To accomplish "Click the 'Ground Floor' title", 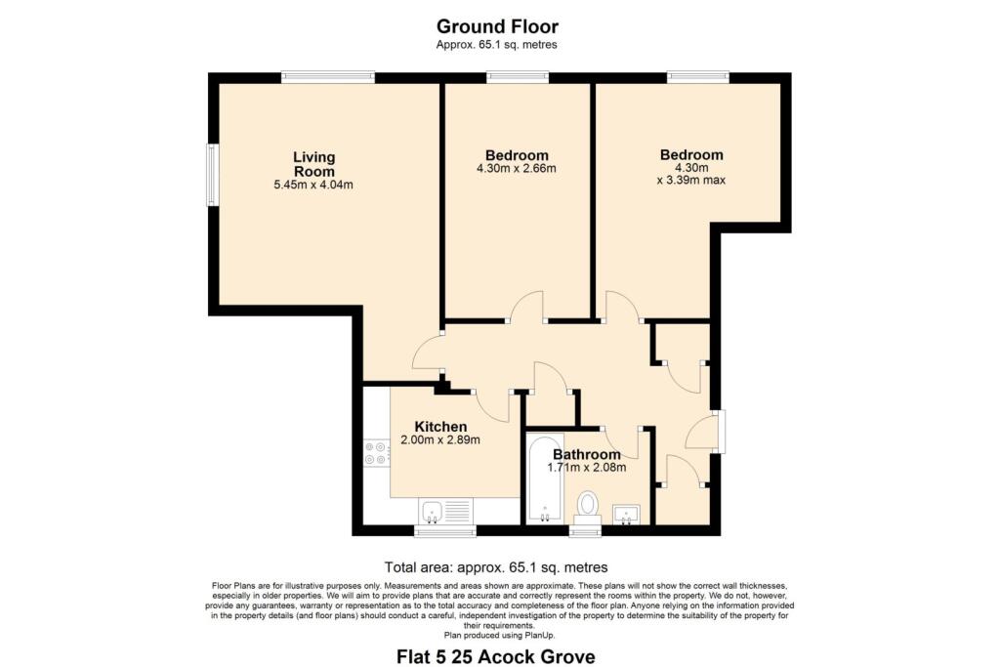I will pyautogui.click(x=497, y=26).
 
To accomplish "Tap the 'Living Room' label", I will pyautogui.click(x=314, y=164).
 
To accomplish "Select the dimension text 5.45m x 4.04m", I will pyautogui.click(x=314, y=185).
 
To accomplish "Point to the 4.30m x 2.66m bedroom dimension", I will pyautogui.click(x=517, y=168).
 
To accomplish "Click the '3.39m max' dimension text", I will pyautogui.click(x=691, y=180).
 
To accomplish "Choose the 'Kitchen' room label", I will pyautogui.click(x=440, y=427).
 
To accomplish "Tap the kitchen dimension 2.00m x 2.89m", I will pyautogui.click(x=440, y=440).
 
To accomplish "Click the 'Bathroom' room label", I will pyautogui.click(x=586, y=454).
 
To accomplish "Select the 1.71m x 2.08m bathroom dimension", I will pyautogui.click(x=586, y=468).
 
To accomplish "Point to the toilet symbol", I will pyautogui.click(x=587, y=506).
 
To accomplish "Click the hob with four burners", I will pyautogui.click(x=376, y=453).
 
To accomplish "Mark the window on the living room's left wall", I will pyautogui.click(x=211, y=176).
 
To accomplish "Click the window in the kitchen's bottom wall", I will pyautogui.click(x=444, y=531).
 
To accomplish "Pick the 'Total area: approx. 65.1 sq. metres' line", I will pyautogui.click(x=497, y=566).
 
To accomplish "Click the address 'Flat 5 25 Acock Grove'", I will pyautogui.click(x=497, y=656).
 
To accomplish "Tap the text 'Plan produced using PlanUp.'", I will pyautogui.click(x=497, y=635).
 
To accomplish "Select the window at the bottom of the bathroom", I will pyautogui.click(x=586, y=531).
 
